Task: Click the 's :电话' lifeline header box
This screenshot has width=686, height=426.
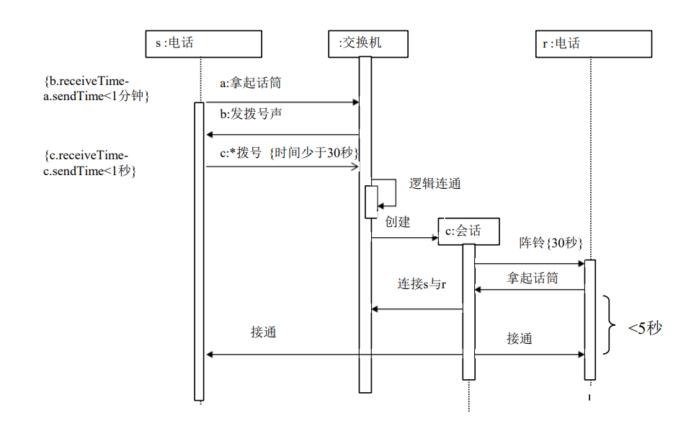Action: [203, 43]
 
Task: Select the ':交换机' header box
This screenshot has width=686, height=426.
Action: [367, 43]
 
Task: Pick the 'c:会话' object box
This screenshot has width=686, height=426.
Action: [469, 231]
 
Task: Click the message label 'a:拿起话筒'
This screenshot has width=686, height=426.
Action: [250, 83]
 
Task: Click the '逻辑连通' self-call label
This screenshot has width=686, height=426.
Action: [435, 183]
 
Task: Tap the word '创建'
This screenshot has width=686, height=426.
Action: [398, 222]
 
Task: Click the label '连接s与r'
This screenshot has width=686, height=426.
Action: [422, 284]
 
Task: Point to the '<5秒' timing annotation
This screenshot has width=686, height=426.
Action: [644, 328]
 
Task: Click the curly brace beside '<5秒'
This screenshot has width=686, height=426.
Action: [610, 324]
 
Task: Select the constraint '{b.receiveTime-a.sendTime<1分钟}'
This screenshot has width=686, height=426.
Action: [96, 88]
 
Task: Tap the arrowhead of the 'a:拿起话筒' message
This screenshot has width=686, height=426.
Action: [355, 102]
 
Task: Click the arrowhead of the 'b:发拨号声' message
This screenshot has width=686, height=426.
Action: [209, 135]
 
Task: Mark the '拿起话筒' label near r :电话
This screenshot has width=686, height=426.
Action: [533, 278]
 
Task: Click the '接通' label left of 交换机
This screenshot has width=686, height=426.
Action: [264, 332]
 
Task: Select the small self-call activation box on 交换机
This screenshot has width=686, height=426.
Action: [371, 201]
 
